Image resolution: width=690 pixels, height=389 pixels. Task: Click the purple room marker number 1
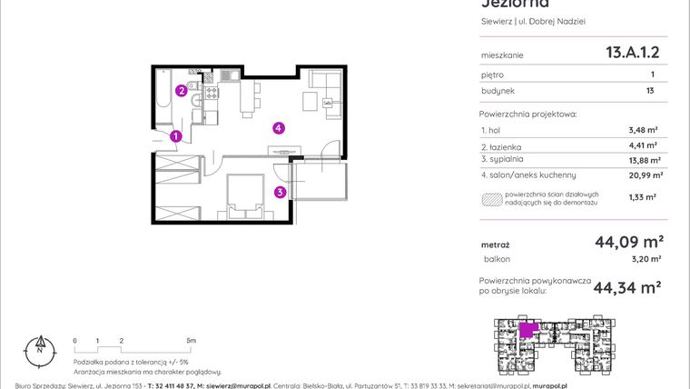176,136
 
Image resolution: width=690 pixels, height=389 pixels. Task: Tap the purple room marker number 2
182,90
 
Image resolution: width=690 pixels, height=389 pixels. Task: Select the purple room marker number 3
281,192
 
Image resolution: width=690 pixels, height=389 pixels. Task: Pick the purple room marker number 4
280,128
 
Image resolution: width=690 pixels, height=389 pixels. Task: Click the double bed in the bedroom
242,194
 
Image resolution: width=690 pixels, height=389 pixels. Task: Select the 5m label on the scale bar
190,340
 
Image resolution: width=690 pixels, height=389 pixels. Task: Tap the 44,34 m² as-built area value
626,288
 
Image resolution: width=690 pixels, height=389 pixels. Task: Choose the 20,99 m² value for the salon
646,175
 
